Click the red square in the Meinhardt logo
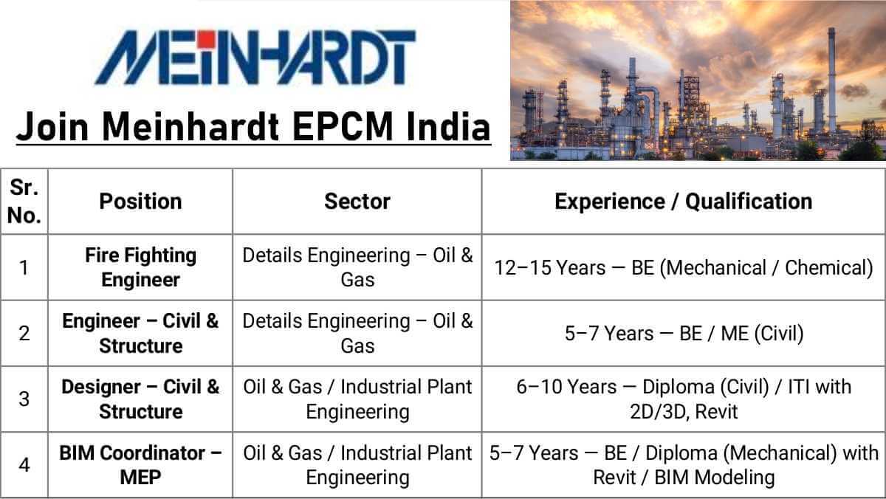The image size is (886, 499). pyautogui.click(x=207, y=38)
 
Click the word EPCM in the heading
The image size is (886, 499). pyautogui.click(x=343, y=126)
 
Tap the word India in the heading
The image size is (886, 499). pyautogui.click(x=449, y=126)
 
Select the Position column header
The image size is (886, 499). pyautogui.click(x=140, y=202)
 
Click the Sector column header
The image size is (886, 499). pyautogui.click(x=357, y=202)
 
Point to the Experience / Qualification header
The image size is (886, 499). pyautogui.click(x=684, y=202)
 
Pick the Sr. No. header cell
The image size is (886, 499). pyautogui.click(x=24, y=202)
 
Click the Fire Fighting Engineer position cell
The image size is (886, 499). pyautogui.click(x=140, y=267)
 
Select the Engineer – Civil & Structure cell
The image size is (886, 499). pyautogui.click(x=140, y=333)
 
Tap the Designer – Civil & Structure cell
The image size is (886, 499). pyautogui.click(x=140, y=399)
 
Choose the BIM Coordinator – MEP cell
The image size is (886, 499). pyautogui.click(x=140, y=464)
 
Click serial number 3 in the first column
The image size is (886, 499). pyautogui.click(x=24, y=399)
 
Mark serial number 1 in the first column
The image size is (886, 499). pyautogui.click(x=24, y=268)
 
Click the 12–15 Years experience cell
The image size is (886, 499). pyautogui.click(x=684, y=268)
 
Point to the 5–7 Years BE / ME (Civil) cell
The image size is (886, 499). pyautogui.click(x=684, y=334)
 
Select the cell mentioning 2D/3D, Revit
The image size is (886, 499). pyautogui.click(x=684, y=399)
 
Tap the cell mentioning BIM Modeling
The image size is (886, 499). pyautogui.click(x=684, y=464)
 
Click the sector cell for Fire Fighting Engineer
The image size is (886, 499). pyautogui.click(x=357, y=267)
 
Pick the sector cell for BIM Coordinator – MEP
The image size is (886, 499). pyautogui.click(x=357, y=464)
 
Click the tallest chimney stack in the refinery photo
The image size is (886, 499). pyautogui.click(x=832, y=79)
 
